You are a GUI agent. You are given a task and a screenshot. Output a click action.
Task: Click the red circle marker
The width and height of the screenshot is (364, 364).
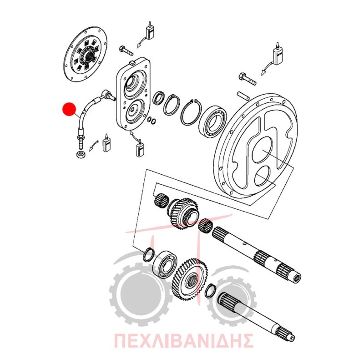click(69, 109)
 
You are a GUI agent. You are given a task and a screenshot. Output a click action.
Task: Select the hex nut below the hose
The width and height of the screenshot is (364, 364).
click(81, 154)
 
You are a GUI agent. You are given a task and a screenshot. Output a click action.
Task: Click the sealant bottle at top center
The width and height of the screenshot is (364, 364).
click(150, 31)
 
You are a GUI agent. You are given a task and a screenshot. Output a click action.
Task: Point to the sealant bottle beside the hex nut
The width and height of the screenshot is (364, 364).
click(107, 143)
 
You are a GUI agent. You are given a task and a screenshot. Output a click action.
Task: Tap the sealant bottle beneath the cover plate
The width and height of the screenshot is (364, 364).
click(140, 149)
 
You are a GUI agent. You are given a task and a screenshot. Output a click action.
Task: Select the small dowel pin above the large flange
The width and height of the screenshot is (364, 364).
click(243, 96)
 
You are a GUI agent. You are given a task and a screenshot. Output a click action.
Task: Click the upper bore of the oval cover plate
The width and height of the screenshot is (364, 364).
click(134, 85)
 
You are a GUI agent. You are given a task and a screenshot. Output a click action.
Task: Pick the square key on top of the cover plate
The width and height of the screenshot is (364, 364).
click(132, 61)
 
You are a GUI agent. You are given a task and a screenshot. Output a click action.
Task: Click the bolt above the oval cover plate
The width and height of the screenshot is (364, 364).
click(126, 51)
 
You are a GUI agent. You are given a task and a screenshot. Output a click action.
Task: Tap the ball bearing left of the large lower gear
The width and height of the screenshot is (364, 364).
click(165, 264)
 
